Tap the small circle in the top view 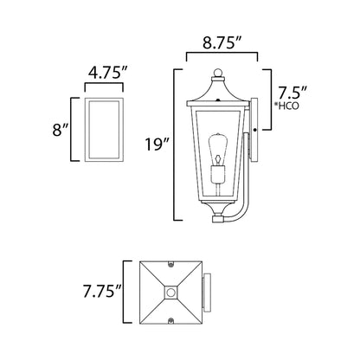click(172, 294)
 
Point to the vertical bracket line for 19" click(178, 143)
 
